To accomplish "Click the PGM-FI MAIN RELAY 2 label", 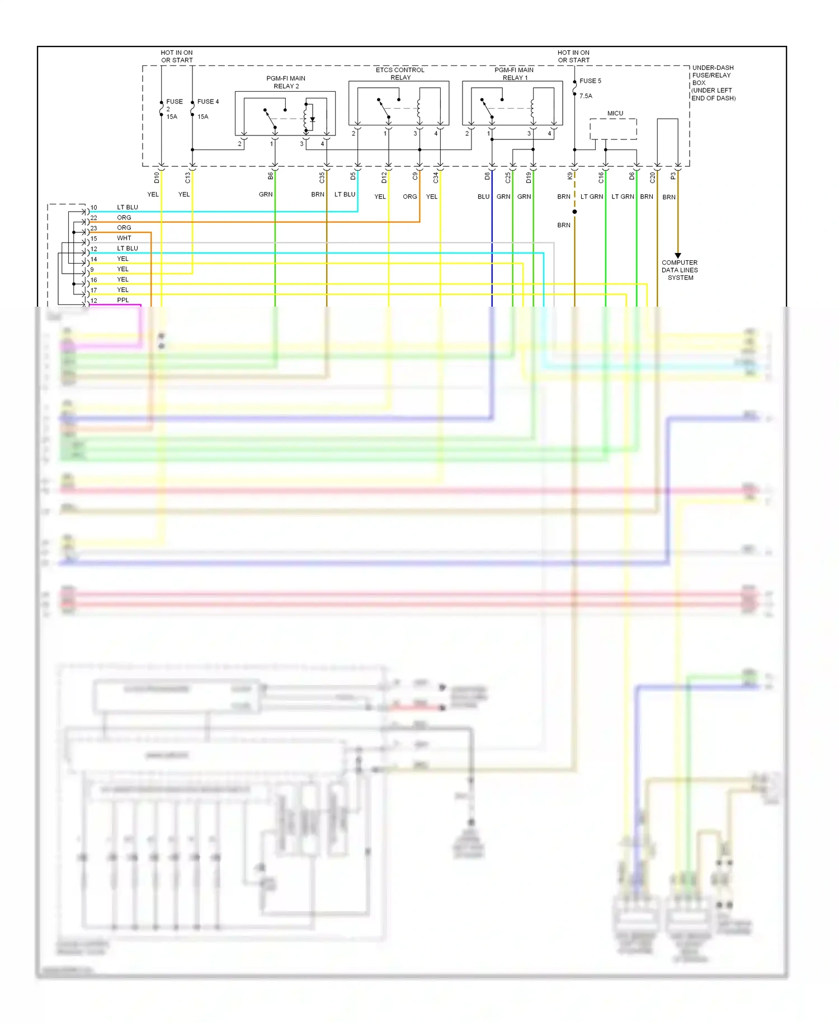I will click(x=286, y=82).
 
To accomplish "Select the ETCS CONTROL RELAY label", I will click(x=400, y=74).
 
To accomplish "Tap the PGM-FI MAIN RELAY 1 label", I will click(x=514, y=74).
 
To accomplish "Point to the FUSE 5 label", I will click(x=590, y=81).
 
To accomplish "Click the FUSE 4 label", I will click(x=208, y=102).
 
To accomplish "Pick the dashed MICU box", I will click(x=613, y=129).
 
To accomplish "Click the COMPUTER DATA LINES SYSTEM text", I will click(x=680, y=270).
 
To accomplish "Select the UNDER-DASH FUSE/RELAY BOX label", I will click(x=713, y=83).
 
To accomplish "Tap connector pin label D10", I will click(x=157, y=178).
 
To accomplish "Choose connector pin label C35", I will click(x=322, y=178).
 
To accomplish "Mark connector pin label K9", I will click(x=570, y=176).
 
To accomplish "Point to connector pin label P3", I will click(x=673, y=176).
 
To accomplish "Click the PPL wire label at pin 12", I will click(x=123, y=301).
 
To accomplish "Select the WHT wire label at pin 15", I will click(x=124, y=238).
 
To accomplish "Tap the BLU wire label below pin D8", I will click(x=483, y=197).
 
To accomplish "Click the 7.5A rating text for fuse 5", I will click(x=586, y=96).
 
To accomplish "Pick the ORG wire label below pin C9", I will click(x=409, y=197).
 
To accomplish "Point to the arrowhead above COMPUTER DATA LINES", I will click(x=678, y=256).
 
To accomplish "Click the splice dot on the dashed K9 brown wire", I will click(x=574, y=212).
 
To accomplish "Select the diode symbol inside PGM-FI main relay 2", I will click(x=313, y=119).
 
